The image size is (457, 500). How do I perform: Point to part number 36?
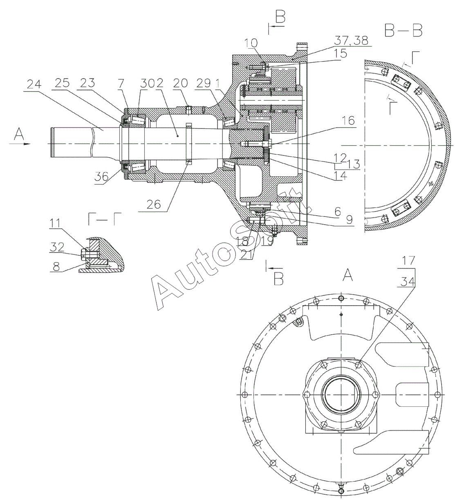point(101,177)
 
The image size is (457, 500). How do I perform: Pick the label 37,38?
point(351,41)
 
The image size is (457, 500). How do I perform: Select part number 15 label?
point(340,53)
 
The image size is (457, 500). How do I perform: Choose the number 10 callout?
point(252,43)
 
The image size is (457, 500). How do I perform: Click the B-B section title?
point(403,30)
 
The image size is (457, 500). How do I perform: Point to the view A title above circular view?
point(348,277)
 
